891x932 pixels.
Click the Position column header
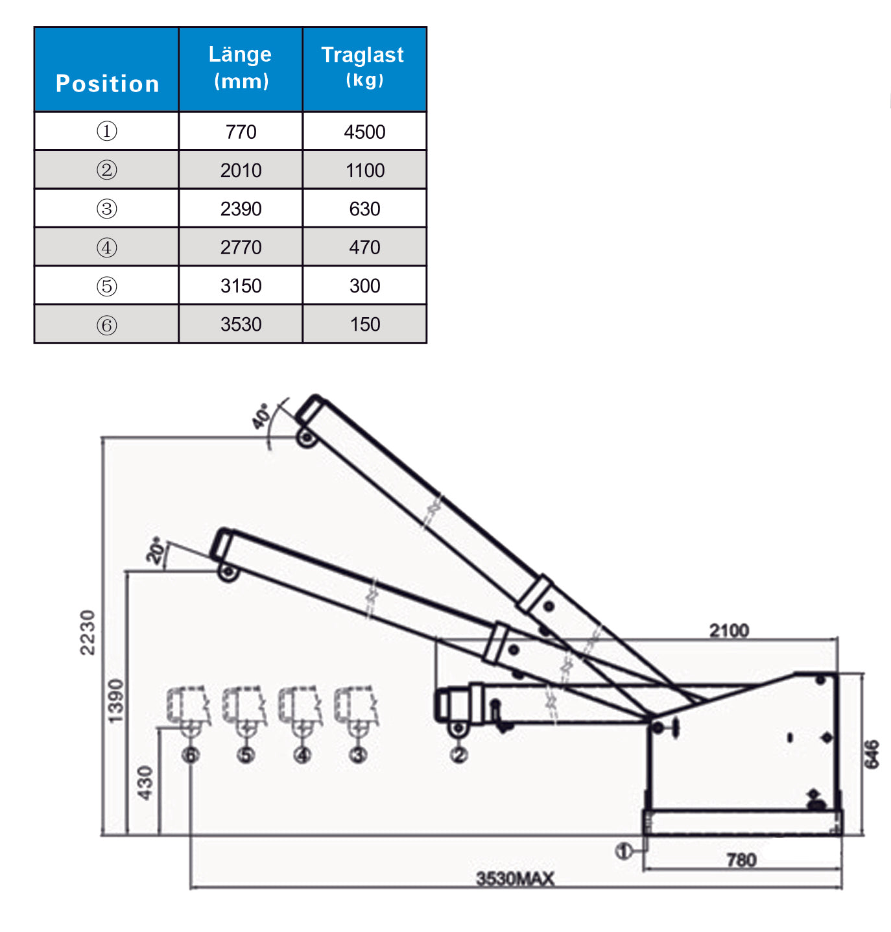point(107,84)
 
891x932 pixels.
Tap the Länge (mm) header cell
point(241,66)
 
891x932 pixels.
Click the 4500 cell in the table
point(364,132)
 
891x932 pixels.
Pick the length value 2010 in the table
point(241,171)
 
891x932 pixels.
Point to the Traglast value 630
point(364,209)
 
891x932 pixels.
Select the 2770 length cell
point(241,247)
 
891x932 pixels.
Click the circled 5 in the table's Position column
point(107,286)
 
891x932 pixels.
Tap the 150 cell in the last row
point(364,324)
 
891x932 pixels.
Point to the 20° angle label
point(156,550)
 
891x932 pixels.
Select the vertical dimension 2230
point(88,632)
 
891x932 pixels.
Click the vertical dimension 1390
point(115,700)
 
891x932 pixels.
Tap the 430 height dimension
point(145,782)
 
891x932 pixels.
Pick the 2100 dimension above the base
point(729,630)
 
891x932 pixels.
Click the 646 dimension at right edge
point(873,754)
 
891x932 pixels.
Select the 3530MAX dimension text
point(516,879)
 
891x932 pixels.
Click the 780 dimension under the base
point(741,860)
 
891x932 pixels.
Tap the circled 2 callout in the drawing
point(458,755)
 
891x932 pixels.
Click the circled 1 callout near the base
point(623,851)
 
